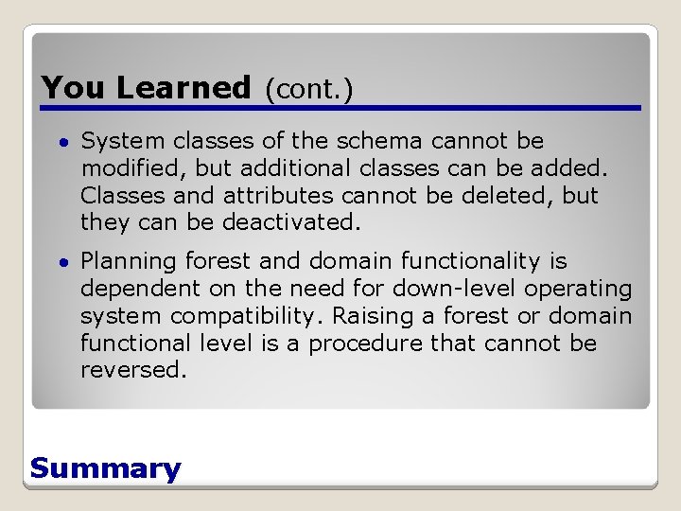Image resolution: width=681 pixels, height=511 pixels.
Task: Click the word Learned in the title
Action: pos(183,88)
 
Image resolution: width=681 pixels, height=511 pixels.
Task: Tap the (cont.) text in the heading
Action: pos(308,89)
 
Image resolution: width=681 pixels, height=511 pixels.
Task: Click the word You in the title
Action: pos(75,88)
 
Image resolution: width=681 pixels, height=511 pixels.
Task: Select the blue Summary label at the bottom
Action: pos(105,468)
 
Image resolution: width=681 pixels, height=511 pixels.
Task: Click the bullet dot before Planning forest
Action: pos(61,262)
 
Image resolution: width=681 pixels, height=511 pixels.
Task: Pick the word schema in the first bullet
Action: pos(377,142)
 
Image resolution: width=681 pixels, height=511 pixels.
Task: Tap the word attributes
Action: pos(278,196)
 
